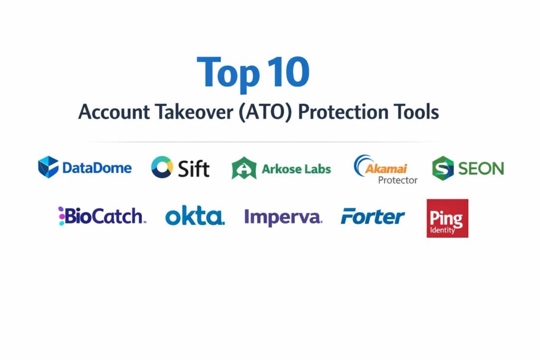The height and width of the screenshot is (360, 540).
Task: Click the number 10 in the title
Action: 288,72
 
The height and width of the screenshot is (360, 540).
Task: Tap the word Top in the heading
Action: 228,74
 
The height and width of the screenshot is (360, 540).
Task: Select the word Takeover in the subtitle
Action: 194,112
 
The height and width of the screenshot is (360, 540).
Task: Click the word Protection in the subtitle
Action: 343,112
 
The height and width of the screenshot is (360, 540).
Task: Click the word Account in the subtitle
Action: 114,112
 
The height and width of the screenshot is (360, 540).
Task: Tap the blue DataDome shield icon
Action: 48,167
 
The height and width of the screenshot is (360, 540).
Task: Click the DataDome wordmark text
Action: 97,168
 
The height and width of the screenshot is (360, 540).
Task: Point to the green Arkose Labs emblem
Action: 244,168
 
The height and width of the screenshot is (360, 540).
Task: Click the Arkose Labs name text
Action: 296,169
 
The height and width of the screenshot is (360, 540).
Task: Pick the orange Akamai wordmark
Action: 386,169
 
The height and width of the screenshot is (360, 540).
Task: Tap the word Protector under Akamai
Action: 398,180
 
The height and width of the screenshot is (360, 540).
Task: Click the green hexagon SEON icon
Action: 443,168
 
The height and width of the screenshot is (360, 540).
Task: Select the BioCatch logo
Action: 102,216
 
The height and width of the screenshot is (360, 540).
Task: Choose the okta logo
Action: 195,216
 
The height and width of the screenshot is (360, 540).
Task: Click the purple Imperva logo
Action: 283,218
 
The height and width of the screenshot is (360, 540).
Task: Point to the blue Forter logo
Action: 373,216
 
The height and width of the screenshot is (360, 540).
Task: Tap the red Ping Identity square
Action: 447,218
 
